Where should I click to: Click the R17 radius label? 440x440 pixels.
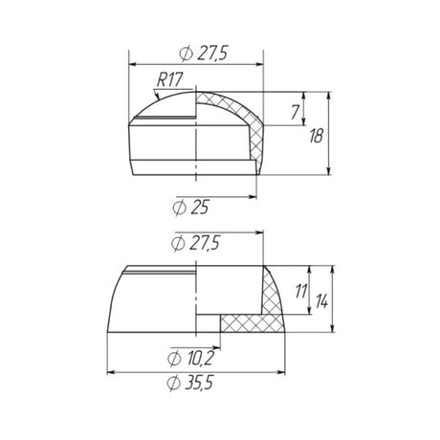(169, 79)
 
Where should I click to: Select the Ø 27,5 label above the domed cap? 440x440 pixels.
(204, 54)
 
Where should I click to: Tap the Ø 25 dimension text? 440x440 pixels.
(190, 208)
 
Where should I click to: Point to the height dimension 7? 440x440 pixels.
(296, 112)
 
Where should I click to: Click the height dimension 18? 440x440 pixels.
(316, 136)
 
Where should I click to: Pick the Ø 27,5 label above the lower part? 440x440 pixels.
(195, 244)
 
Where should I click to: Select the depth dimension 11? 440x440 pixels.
(301, 291)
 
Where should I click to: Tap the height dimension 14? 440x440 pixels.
(321, 301)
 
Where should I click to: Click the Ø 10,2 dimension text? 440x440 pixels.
(190, 359)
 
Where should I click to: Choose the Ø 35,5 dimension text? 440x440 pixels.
(190, 383)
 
